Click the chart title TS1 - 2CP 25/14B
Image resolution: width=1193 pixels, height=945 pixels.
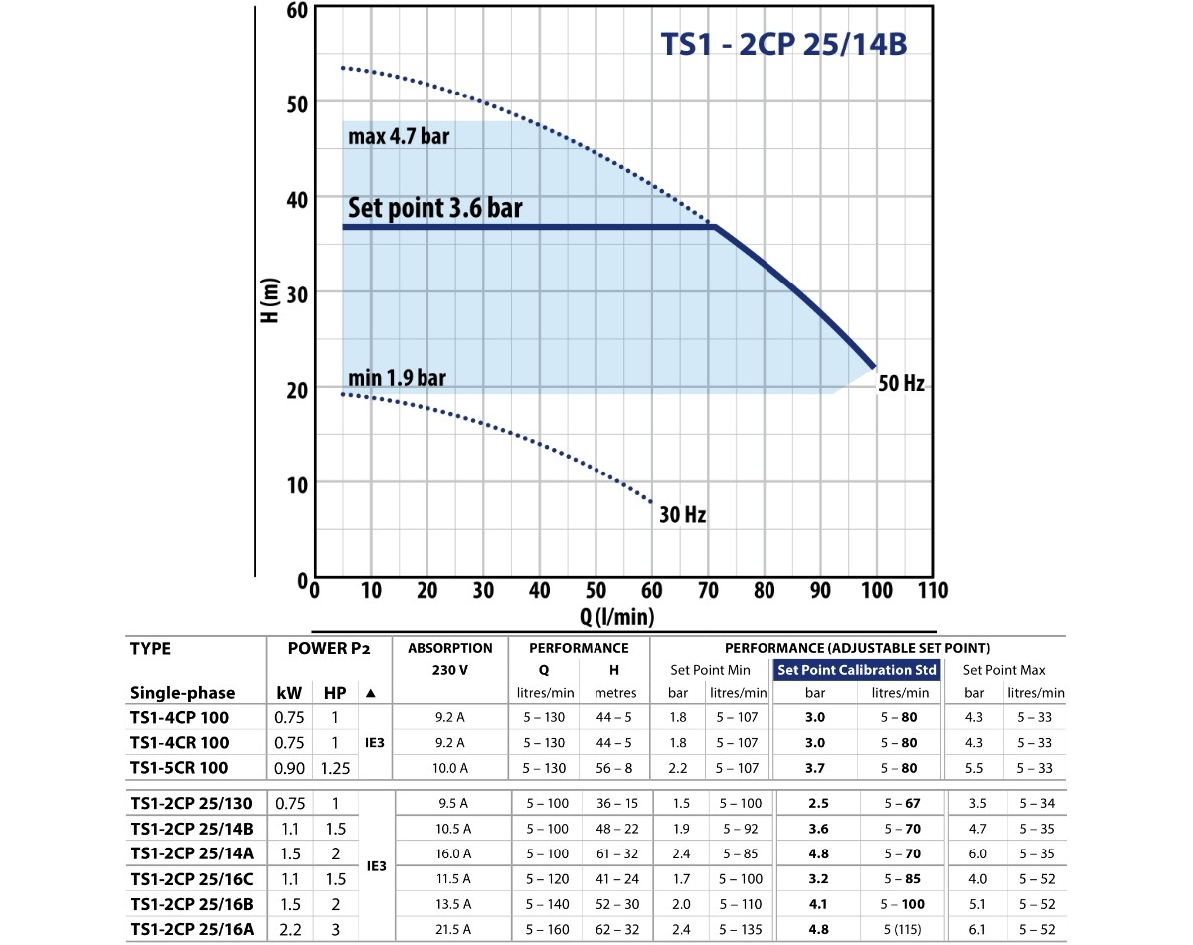[x=783, y=46]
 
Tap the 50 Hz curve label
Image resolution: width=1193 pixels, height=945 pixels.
[x=901, y=383]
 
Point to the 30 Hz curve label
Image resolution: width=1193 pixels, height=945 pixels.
[x=682, y=515]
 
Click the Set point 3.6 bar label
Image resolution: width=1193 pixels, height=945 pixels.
[x=434, y=208]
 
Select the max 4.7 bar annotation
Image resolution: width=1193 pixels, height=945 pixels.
[x=399, y=136]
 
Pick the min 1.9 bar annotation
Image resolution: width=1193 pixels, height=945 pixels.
[x=398, y=379]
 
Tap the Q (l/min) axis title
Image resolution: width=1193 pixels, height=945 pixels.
[x=617, y=617]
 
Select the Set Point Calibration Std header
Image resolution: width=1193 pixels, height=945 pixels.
[x=858, y=670]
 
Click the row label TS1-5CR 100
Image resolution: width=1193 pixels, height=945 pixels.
[x=179, y=768]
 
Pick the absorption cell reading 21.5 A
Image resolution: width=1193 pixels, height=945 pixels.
[x=450, y=930]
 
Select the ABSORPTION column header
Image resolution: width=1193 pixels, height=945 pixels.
[x=450, y=648]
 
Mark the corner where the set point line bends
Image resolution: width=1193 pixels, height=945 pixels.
[x=715, y=227]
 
